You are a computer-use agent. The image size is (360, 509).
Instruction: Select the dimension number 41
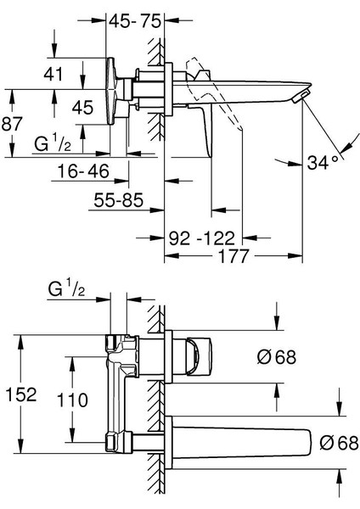click(x=54, y=75)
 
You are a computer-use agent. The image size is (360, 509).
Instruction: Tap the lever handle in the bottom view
click(x=199, y=355)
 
